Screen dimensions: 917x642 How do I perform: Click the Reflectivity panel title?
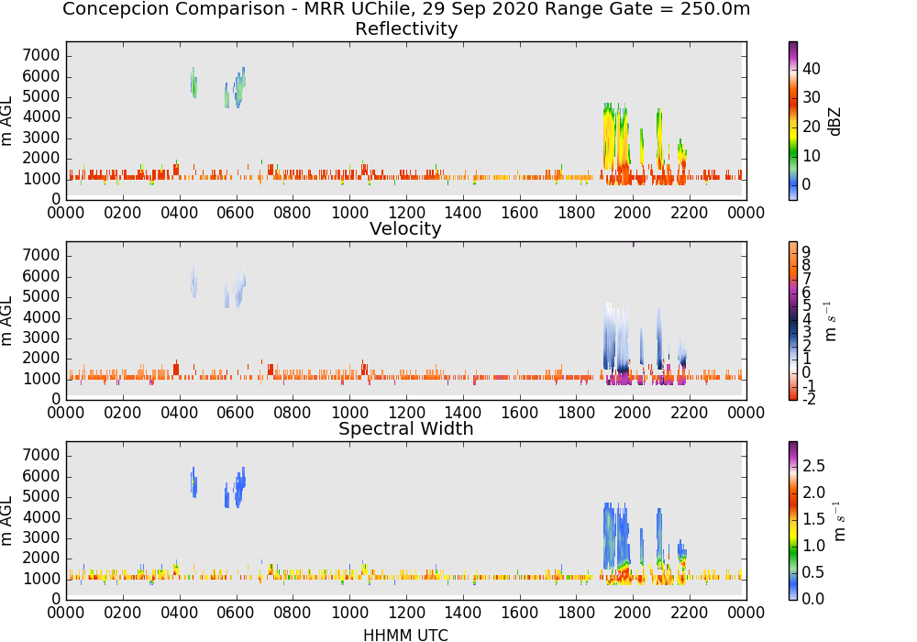pyautogui.click(x=406, y=28)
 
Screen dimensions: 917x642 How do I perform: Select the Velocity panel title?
pyautogui.click(x=405, y=228)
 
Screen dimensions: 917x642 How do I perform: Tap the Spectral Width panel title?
pyautogui.click(x=406, y=428)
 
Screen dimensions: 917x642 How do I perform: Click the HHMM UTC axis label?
pyautogui.click(x=405, y=635)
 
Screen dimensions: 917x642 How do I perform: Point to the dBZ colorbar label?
pyautogui.click(x=834, y=122)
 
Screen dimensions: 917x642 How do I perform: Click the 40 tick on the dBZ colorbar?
pyautogui.click(x=811, y=69)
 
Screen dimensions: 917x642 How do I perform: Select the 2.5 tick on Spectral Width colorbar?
pyautogui.click(x=813, y=466)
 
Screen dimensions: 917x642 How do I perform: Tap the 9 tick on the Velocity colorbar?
pyautogui.click(x=806, y=252)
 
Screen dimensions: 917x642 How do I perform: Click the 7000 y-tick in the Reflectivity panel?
pyautogui.click(x=41, y=56)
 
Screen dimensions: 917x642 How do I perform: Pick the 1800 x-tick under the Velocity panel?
pyautogui.click(x=576, y=413)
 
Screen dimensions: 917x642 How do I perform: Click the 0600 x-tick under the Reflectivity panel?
pyautogui.click(x=236, y=213)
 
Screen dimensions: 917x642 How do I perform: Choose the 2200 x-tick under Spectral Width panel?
pyautogui.click(x=690, y=613)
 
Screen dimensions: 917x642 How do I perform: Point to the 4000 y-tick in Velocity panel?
pyautogui.click(x=41, y=317)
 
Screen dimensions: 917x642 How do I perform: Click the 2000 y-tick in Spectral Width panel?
pyautogui.click(x=41, y=559)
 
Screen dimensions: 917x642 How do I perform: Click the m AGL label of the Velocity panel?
pyautogui.click(x=6, y=321)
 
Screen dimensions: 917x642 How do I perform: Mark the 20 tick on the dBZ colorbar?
pyautogui.click(x=811, y=127)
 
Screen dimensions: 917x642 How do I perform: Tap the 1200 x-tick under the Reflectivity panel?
pyautogui.click(x=406, y=213)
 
